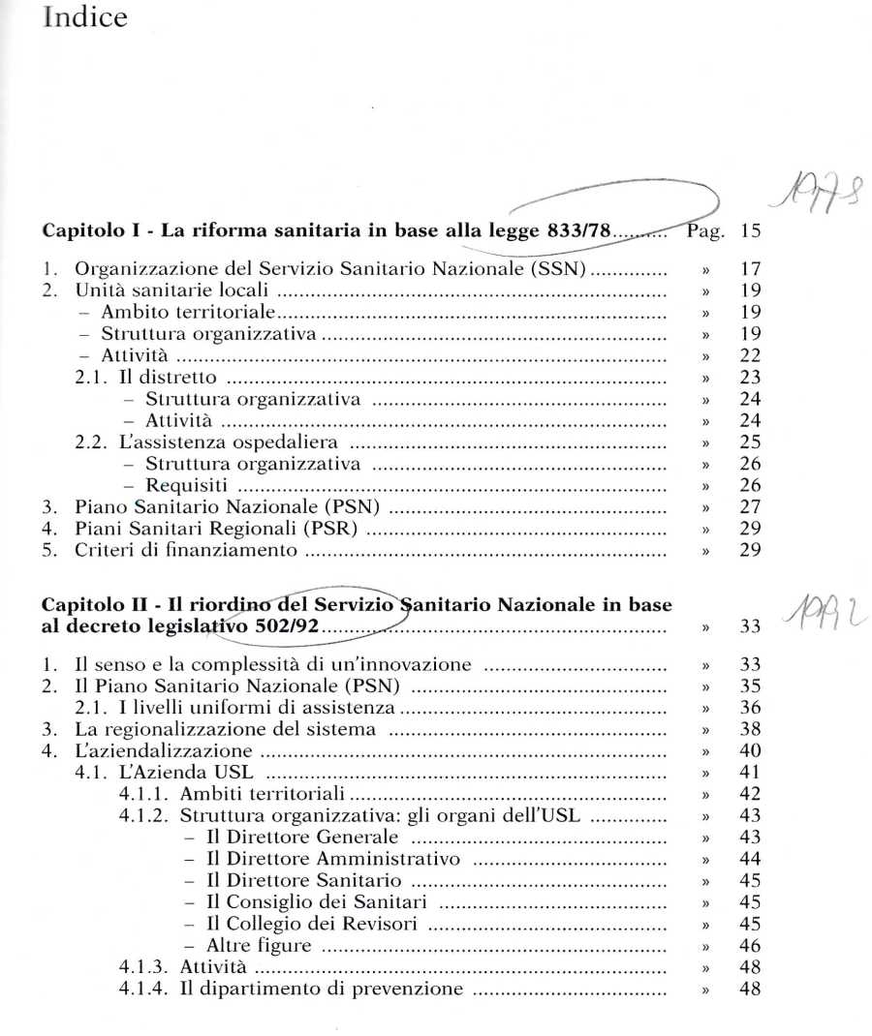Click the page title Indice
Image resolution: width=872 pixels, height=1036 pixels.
pos(85,17)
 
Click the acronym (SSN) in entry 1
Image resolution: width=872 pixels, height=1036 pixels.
pos(555,269)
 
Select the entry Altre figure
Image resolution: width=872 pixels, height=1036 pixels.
pos(259,946)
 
